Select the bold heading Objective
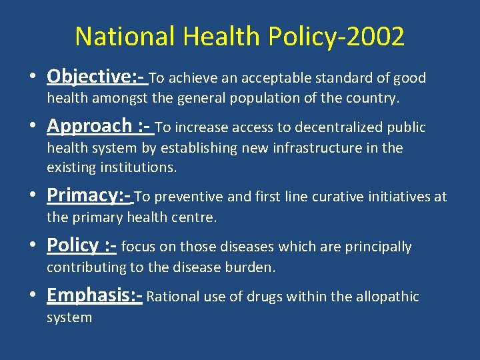91,77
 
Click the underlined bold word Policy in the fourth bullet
73,245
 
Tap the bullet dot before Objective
33,79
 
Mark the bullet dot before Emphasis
33,296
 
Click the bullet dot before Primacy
33,196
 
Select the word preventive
191,197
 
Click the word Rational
172,297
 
